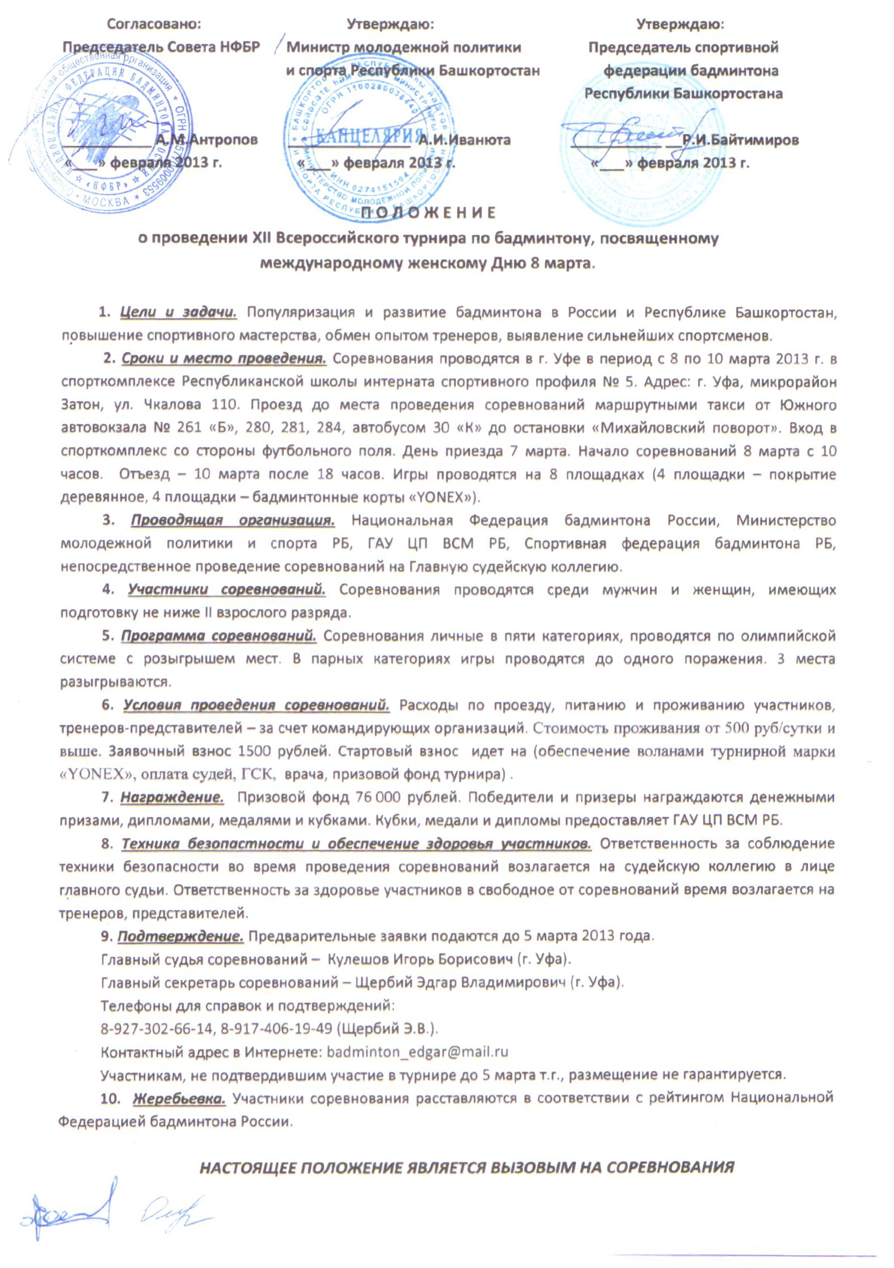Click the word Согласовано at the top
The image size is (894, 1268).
pyautogui.click(x=154, y=24)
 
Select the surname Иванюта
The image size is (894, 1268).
pyautogui.click(x=464, y=140)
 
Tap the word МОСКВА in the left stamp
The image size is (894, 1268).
pyautogui.click(x=106, y=201)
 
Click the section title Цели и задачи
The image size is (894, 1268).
pyautogui.click(x=178, y=312)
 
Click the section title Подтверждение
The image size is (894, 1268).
pyautogui.click(x=180, y=935)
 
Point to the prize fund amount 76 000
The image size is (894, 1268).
pyautogui.click(x=377, y=797)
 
